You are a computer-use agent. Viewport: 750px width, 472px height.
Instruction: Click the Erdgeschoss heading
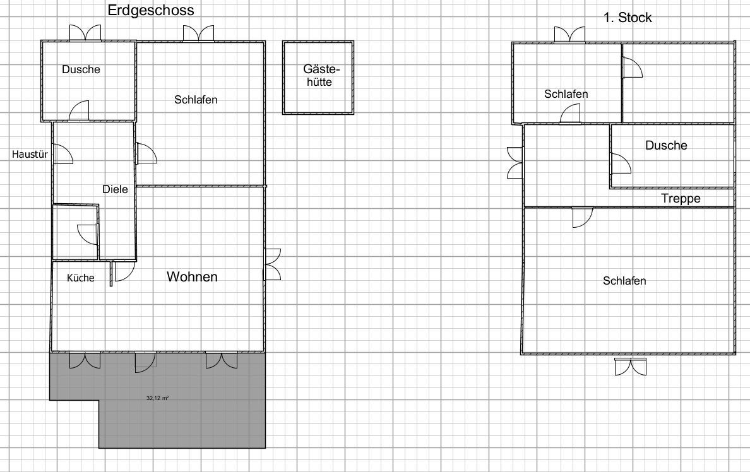click(x=151, y=10)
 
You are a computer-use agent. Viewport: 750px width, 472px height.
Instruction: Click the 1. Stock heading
click(x=628, y=18)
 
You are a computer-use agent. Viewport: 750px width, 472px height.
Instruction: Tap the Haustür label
click(x=30, y=155)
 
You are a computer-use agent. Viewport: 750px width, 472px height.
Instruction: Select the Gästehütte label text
click(x=320, y=76)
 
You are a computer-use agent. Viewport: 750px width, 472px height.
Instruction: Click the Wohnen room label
click(x=193, y=277)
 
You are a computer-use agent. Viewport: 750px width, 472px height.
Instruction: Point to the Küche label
click(x=80, y=278)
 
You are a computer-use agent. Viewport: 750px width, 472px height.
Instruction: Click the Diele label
click(x=116, y=189)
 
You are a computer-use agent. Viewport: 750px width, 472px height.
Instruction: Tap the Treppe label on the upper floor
click(x=681, y=199)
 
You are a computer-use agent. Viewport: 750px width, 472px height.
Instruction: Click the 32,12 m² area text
click(x=157, y=398)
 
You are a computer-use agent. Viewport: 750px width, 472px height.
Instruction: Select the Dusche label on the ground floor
click(x=81, y=69)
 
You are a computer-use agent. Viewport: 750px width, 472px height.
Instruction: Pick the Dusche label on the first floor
click(x=666, y=145)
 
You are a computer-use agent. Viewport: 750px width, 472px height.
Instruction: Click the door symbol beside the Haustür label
click(x=62, y=155)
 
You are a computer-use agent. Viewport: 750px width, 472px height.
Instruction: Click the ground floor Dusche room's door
click(x=79, y=111)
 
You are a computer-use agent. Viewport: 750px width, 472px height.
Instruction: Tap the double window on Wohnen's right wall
click(x=273, y=264)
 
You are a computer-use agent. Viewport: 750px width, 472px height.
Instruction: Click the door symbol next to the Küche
click(x=124, y=271)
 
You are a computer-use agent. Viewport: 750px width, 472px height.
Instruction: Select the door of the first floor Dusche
click(x=621, y=163)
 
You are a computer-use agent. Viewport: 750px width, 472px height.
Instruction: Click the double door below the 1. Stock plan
click(x=631, y=367)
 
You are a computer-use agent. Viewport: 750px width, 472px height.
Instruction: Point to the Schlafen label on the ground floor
click(x=196, y=100)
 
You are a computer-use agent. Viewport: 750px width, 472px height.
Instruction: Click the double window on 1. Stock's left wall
click(x=516, y=163)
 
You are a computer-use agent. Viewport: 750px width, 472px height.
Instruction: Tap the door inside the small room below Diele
click(x=88, y=235)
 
